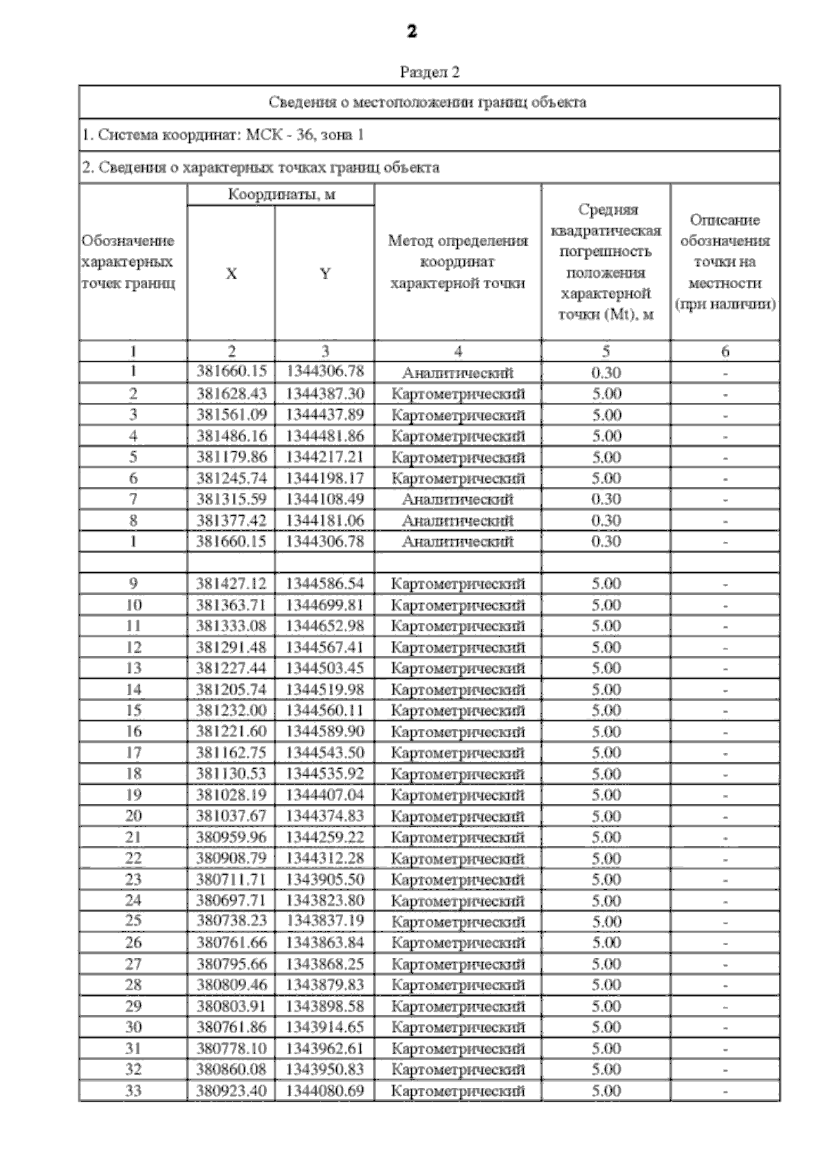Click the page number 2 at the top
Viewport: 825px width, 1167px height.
pos(412,32)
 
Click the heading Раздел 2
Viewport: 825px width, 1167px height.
pos(430,72)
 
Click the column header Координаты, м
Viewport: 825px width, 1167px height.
pos(281,195)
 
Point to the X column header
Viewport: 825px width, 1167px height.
pos(232,274)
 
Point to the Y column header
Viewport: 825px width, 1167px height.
pos(325,274)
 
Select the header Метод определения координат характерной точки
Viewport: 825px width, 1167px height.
pos(458,262)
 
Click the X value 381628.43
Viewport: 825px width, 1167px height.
pos(232,394)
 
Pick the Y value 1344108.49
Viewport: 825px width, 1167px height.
pos(325,499)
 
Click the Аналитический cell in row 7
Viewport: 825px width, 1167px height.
pos(458,499)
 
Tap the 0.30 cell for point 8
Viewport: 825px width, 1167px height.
pos(606,521)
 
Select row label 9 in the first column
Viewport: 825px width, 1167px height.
pos(133,584)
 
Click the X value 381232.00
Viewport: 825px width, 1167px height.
pos(232,710)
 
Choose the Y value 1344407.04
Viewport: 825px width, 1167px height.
pos(325,795)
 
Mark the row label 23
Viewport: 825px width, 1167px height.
pos(133,880)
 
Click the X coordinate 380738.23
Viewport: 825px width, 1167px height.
pos(232,921)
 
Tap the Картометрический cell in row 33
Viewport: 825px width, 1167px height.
pos(458,1091)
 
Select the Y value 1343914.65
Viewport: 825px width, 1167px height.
pos(325,1027)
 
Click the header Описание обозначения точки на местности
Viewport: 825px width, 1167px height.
pos(725,262)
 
